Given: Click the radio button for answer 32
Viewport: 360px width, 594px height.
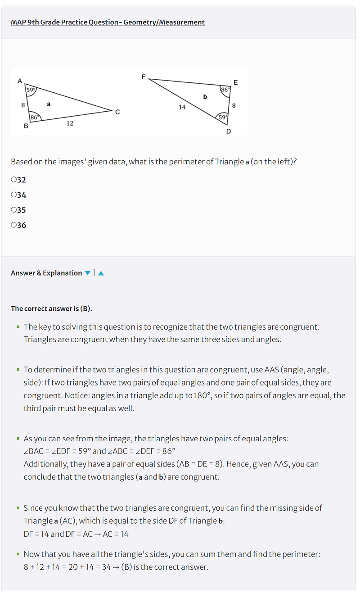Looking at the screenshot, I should (x=13, y=180).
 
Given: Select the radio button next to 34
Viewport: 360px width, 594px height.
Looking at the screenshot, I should (x=13, y=195).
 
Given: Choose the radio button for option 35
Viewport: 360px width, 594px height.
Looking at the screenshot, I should (x=13, y=210).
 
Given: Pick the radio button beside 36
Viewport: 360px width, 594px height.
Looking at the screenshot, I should (x=13, y=225).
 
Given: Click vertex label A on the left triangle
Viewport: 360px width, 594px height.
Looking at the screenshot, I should (x=19, y=81).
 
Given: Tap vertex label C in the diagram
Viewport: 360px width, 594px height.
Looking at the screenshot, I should (x=117, y=112).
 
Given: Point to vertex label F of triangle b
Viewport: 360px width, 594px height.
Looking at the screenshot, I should (x=144, y=77).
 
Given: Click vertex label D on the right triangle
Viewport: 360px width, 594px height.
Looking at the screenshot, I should (x=229, y=131).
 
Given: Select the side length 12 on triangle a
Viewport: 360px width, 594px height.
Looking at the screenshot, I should (x=70, y=123).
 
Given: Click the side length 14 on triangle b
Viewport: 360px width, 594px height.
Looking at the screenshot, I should (x=182, y=107).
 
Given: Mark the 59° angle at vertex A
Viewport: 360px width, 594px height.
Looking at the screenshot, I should (x=31, y=90).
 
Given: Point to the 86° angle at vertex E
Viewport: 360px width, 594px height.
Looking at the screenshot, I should (x=225, y=90).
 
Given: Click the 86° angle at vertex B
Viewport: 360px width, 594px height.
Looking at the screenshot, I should (x=35, y=118).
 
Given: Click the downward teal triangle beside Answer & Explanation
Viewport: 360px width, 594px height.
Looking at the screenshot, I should (x=87, y=273).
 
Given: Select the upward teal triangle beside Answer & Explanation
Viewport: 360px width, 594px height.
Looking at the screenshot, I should (x=101, y=273).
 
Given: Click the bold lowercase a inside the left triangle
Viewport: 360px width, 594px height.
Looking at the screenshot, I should (x=49, y=104).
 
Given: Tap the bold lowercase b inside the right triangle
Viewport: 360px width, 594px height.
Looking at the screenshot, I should (x=205, y=96).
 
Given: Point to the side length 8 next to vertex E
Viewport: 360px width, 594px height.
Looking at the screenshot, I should (x=234, y=105).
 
